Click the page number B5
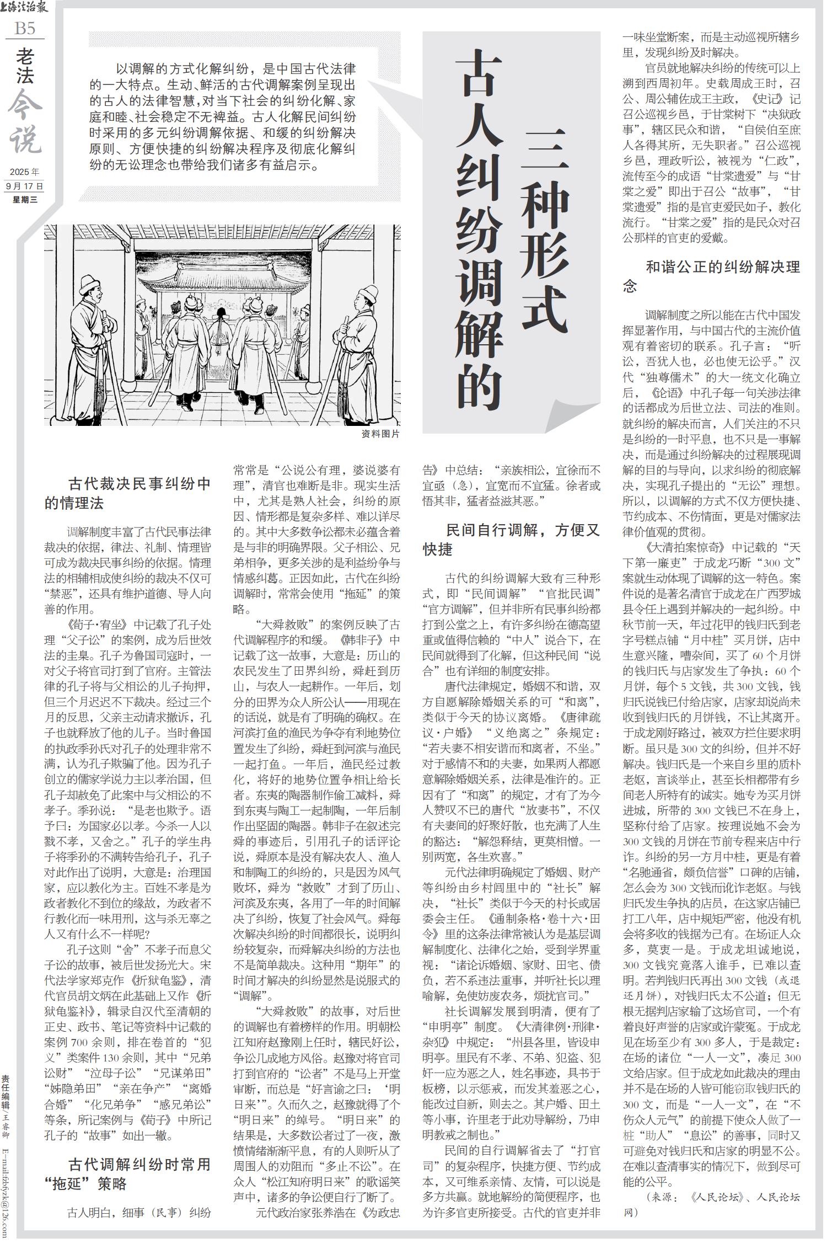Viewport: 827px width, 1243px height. (24, 28)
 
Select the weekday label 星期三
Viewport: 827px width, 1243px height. (25, 200)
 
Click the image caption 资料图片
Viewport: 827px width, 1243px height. (380, 434)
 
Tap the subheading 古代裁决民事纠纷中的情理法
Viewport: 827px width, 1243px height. (128, 493)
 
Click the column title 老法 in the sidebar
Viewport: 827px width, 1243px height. (25, 66)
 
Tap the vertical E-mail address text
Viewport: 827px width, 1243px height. (6, 1186)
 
